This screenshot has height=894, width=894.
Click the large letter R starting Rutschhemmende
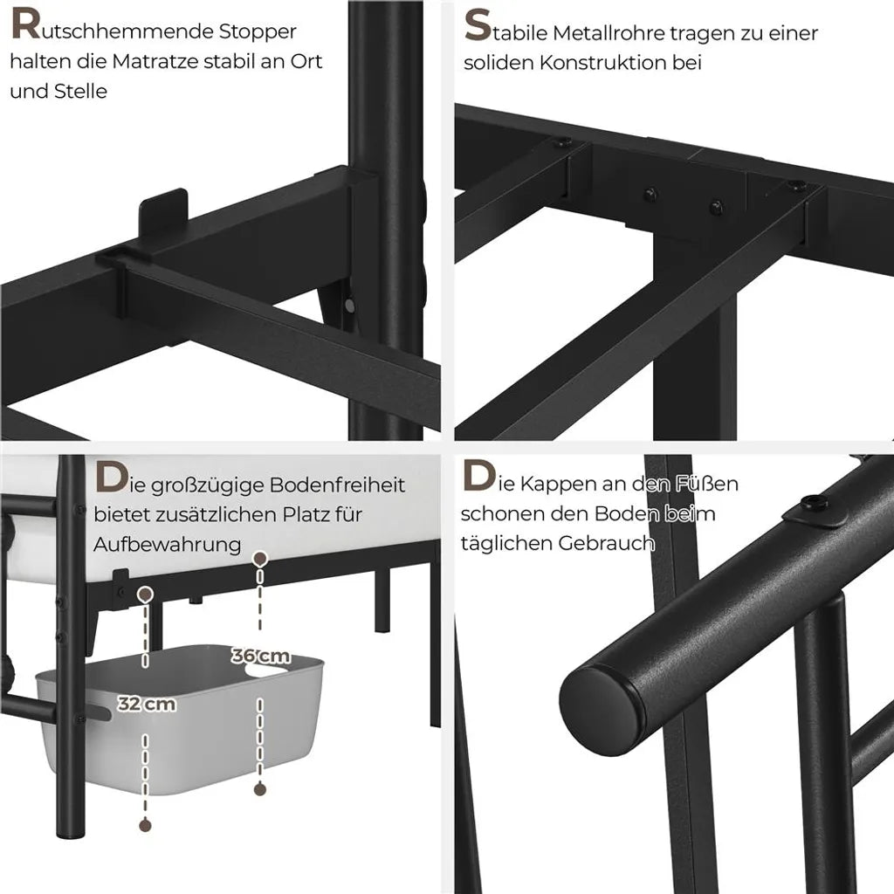click(x=25, y=25)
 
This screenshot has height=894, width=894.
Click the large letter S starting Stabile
click(x=478, y=26)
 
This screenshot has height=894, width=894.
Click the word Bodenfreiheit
click(x=337, y=485)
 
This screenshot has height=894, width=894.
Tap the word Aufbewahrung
click(x=168, y=545)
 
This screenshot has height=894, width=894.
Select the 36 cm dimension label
click(x=260, y=657)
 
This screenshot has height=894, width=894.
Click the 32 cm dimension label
click(x=147, y=705)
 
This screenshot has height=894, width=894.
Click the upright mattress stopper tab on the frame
click(x=163, y=214)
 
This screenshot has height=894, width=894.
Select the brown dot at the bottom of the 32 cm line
click(x=146, y=825)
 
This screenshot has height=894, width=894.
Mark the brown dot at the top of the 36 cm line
click(x=260, y=559)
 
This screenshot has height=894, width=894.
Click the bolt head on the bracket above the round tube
click(x=815, y=504)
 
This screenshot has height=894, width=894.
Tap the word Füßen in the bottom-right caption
click(x=706, y=484)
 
